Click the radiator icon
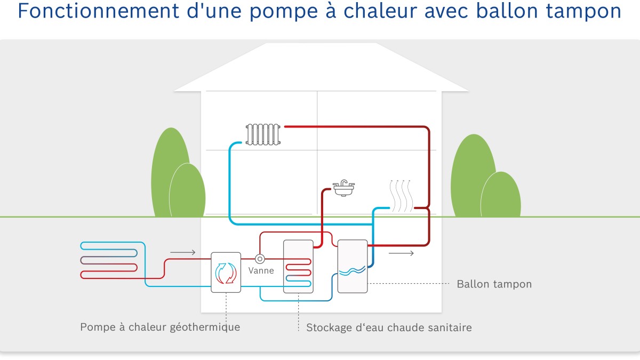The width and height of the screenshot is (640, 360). tap(263, 134)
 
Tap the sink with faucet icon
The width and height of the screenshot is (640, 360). tap(343, 187)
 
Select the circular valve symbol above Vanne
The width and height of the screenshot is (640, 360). tap(260, 259)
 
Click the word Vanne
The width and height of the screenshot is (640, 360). tap(261, 271)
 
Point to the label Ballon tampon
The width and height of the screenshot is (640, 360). tap(494, 284)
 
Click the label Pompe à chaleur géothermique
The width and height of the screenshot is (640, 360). tap(160, 327)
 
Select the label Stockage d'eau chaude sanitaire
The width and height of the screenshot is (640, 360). tap(389, 327)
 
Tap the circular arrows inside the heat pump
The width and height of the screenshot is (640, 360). tap(226, 273)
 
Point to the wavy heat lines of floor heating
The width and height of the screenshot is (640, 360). tap(401, 196)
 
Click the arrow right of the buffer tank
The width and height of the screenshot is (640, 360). tap(401, 253)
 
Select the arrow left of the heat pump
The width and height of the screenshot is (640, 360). tap(183, 252)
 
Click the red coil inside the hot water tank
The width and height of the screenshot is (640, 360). tap(298, 266)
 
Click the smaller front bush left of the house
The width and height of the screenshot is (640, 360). tap(187, 190)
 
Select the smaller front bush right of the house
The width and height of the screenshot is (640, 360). tap(500, 195)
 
